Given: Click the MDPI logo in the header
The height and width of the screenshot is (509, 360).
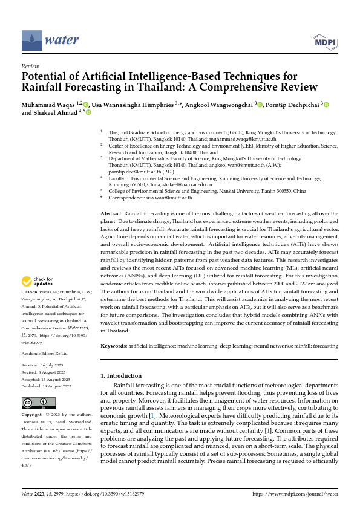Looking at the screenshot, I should pos(324,41).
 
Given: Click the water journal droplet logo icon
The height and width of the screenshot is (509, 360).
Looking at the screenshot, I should pos(31,41).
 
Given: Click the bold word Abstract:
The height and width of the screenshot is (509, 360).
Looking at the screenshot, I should pos(111,214).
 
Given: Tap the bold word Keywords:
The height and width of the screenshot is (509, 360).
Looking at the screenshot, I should pos(113,346).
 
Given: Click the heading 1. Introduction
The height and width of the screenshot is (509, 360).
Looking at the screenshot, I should pos(121,375).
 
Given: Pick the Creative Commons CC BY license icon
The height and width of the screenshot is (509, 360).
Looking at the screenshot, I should pos(39,404).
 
